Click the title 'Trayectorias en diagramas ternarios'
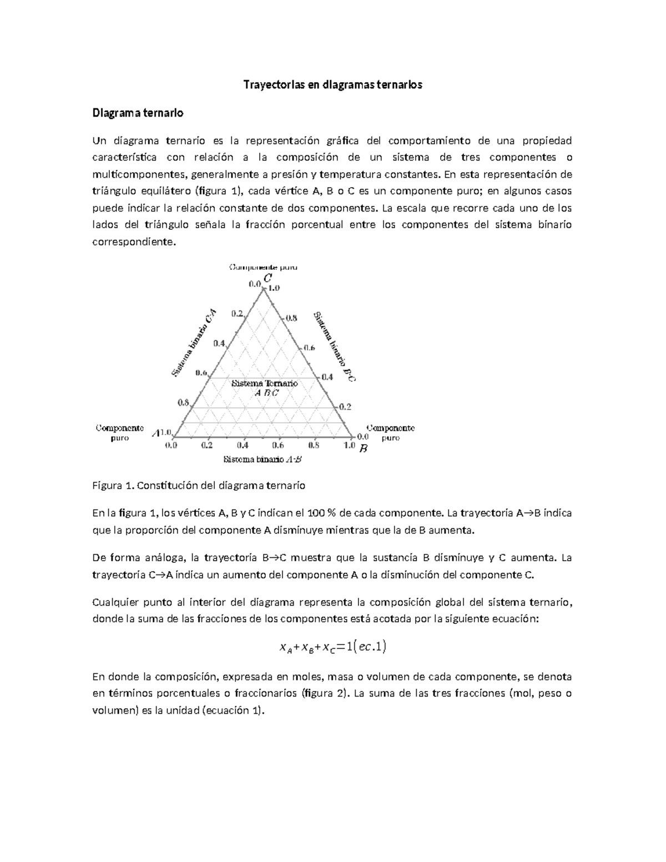pos(333,85)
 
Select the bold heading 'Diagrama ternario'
pos(138,113)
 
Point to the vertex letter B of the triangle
pos(364,448)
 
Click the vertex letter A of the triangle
pos(156,433)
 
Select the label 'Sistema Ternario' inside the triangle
pos(264,383)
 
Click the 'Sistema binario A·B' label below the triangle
pos(263,460)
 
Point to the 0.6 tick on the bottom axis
pos(278,445)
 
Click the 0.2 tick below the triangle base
pos(206,445)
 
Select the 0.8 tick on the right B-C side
pos(291,319)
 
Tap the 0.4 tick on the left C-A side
pos(219,343)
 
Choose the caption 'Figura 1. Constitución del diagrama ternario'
pos(199,486)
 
